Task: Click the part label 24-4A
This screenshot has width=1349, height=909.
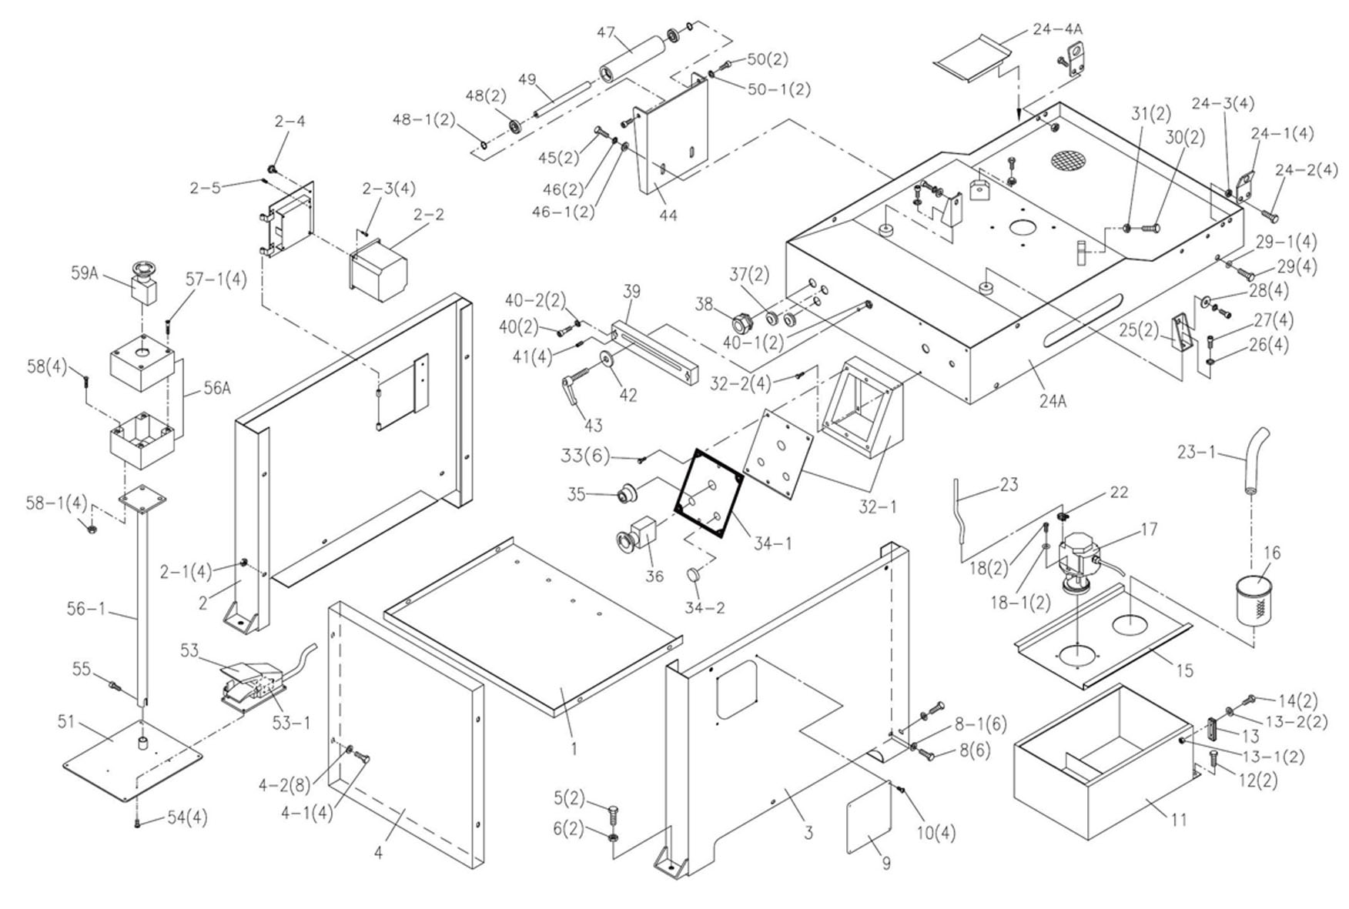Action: pos(1057,28)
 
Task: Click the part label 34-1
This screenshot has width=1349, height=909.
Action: pos(772,543)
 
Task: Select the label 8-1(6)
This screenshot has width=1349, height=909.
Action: pos(980,724)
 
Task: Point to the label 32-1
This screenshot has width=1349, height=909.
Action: pos(878,507)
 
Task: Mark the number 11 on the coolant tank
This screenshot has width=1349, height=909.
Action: pos(1179,820)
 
